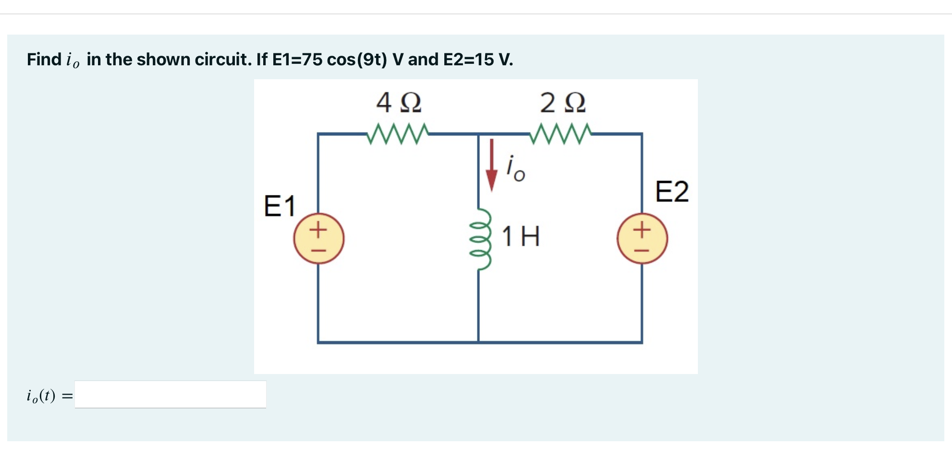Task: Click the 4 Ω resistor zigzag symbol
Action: tap(397, 134)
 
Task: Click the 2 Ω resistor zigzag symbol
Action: tap(561, 134)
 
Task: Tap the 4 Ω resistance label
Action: tap(399, 103)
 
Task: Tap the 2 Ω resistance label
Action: tap(562, 103)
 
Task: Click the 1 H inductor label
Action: tap(521, 237)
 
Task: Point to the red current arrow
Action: tap(491, 166)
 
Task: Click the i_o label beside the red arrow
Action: tap(515, 169)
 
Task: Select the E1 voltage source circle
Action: tap(318, 238)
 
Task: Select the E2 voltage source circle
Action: tap(642, 238)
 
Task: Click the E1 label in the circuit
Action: tap(280, 206)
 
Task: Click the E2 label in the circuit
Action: tap(672, 192)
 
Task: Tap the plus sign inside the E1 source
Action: tap(318, 229)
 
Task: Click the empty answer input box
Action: tap(171, 395)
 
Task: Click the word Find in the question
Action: tap(44, 60)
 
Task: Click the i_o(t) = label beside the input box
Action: tap(49, 396)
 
